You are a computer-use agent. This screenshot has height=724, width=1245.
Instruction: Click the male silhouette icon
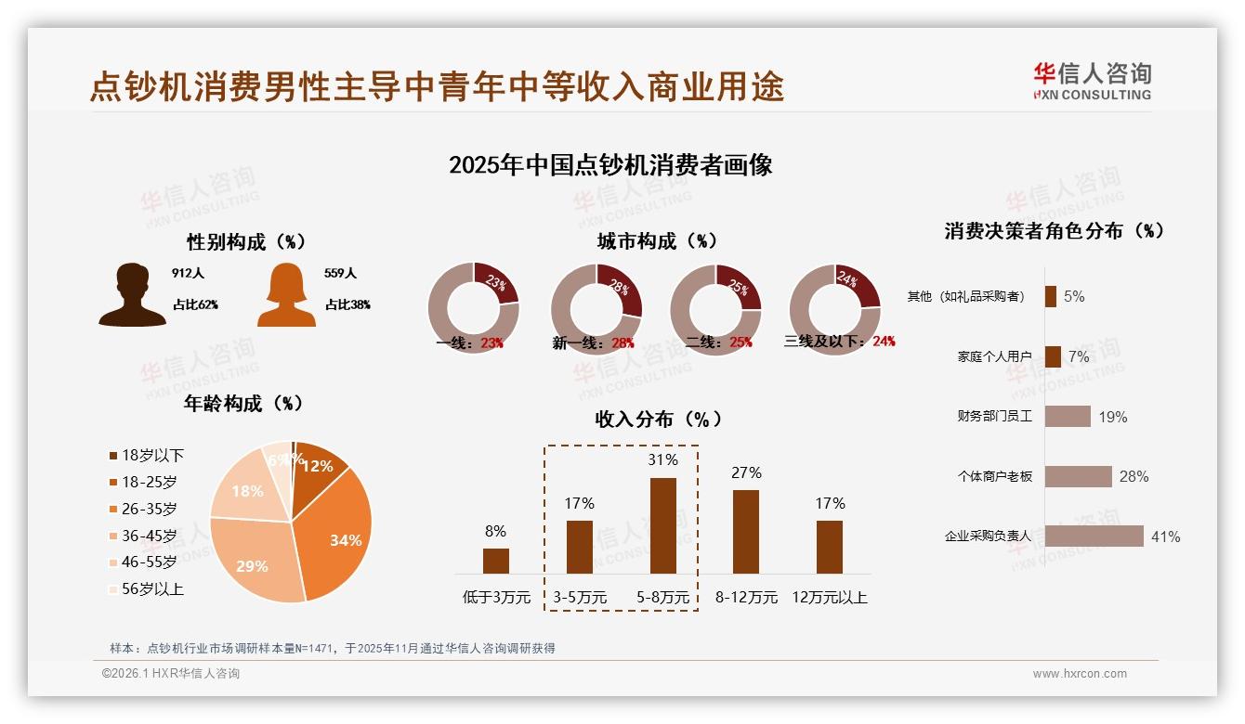[x=133, y=295]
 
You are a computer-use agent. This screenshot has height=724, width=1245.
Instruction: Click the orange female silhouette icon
[x=286, y=295]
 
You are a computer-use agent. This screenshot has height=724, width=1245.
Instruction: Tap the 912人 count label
[x=188, y=274]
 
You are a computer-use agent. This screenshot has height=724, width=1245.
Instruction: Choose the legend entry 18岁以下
[x=147, y=455]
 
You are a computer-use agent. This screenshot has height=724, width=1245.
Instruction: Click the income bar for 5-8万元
[x=663, y=525]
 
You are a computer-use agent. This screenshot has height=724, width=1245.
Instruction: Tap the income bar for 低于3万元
[x=496, y=561]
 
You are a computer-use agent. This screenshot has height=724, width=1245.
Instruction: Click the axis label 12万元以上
[x=829, y=598]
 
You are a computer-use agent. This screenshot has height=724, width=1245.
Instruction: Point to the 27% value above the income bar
[x=746, y=473]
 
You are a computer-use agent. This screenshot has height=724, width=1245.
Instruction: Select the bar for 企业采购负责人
[x=1094, y=537]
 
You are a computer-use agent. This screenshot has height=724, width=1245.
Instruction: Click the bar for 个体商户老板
[x=1078, y=476]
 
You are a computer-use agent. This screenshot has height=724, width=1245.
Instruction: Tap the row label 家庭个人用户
[x=994, y=356]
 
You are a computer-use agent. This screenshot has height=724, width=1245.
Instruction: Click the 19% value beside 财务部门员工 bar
[x=1112, y=418]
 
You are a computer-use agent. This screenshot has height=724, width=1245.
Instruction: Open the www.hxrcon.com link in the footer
[x=1079, y=674]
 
